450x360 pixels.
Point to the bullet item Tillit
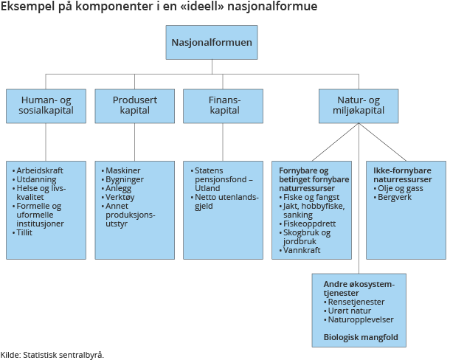tap(25, 232)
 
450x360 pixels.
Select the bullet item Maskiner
tap(122, 170)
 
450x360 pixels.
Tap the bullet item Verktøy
tap(121, 197)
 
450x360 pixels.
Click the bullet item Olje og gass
tap(402, 188)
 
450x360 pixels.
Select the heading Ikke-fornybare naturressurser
tap(402, 175)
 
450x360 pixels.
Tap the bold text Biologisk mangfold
tap(360, 338)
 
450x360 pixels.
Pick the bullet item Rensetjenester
tap(355, 302)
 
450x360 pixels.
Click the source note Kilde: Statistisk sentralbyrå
tap(52, 354)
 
